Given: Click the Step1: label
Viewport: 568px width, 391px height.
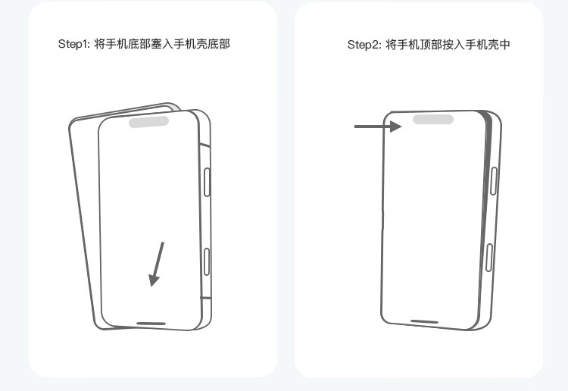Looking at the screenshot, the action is tap(73, 44).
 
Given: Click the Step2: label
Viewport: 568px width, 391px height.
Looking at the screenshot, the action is tap(364, 45).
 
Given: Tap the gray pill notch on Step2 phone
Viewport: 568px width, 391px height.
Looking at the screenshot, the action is tap(432, 119).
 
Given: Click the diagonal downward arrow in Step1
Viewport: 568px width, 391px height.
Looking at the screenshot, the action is tap(158, 263).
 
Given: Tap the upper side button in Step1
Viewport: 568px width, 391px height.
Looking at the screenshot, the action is tap(208, 183).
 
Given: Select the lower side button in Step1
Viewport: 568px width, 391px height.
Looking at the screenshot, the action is tap(207, 261).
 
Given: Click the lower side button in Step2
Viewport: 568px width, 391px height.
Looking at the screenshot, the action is tap(489, 258).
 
